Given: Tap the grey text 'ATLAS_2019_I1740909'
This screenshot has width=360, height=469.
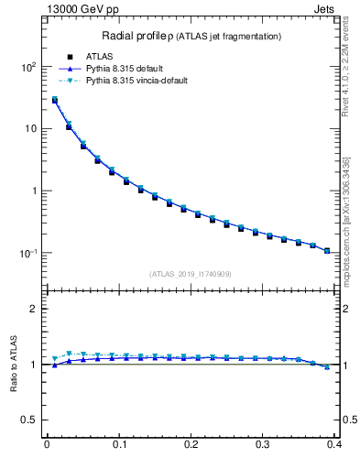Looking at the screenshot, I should pyautogui.click(x=191, y=274).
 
